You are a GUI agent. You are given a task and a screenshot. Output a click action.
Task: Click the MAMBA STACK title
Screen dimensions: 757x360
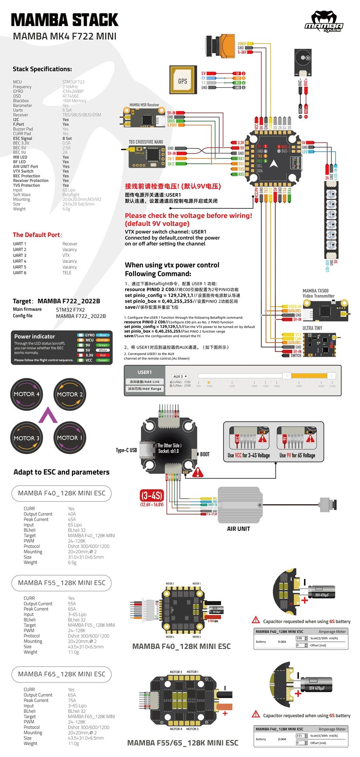(x=65, y=20)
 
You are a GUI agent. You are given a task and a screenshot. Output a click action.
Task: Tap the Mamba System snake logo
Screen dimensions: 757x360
(x=324, y=22)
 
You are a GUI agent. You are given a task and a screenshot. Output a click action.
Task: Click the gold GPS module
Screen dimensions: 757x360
(x=182, y=81)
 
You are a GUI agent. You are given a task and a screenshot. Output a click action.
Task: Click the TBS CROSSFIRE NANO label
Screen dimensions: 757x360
(x=146, y=142)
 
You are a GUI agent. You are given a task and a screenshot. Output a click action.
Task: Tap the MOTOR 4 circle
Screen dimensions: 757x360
(x=27, y=394)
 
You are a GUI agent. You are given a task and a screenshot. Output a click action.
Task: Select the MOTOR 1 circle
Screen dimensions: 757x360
(x=70, y=438)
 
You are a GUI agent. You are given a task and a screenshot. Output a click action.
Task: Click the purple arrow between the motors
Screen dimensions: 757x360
(x=48, y=415)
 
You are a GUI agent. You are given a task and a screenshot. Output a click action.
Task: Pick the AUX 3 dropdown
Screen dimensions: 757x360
(x=180, y=376)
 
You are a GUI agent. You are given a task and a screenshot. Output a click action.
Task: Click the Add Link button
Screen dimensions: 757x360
(x=144, y=381)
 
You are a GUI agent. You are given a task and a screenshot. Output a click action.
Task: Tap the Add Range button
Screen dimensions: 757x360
(x=144, y=389)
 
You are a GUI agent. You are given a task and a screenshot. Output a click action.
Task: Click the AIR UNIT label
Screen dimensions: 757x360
(x=238, y=529)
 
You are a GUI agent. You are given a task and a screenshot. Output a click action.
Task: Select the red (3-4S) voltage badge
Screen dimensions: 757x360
(x=152, y=496)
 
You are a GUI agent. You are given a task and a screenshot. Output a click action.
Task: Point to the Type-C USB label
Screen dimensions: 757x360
(x=126, y=450)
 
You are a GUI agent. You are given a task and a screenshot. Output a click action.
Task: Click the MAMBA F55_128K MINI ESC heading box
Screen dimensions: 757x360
(x=62, y=583)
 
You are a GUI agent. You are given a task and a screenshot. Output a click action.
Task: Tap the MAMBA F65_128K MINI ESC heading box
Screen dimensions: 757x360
(x=62, y=674)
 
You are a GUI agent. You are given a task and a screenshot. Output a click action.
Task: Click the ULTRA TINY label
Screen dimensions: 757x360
(x=312, y=328)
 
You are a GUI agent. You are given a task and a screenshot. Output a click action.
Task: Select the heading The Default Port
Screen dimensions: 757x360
(x=37, y=235)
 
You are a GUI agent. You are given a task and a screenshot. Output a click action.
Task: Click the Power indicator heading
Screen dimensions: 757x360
(x=35, y=336)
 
